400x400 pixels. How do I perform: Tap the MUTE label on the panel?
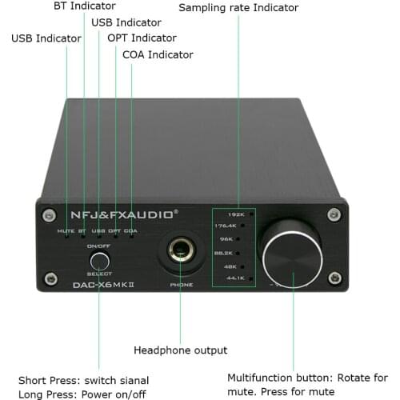(66, 232)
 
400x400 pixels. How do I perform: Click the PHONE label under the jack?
(182, 284)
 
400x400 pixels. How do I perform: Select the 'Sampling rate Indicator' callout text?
(238, 8)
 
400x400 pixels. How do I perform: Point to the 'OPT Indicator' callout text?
(142, 38)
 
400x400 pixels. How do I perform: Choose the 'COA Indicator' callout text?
(158, 54)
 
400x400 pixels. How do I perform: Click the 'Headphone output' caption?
(180, 350)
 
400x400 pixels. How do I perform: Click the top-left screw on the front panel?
(50, 214)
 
